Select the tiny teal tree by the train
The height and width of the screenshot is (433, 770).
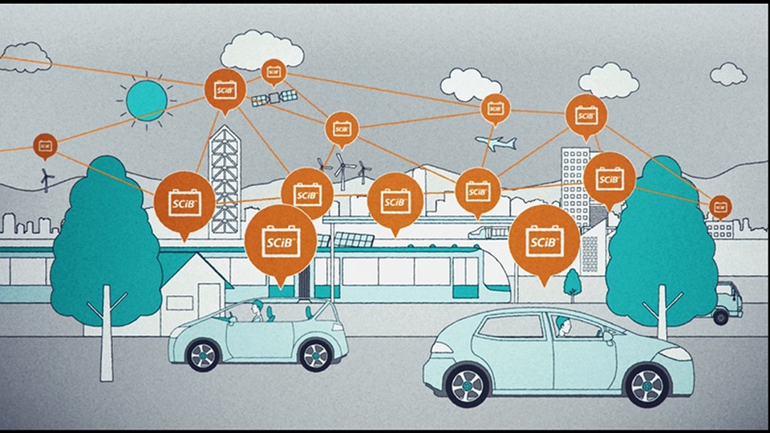572,281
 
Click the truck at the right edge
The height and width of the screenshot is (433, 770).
728,301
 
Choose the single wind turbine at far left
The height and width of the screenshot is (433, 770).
46,177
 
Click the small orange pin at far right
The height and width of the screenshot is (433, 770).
719,206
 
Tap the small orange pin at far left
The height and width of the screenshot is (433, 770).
45,145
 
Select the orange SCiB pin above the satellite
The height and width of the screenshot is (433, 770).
274,71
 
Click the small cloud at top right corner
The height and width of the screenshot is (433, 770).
727,74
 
